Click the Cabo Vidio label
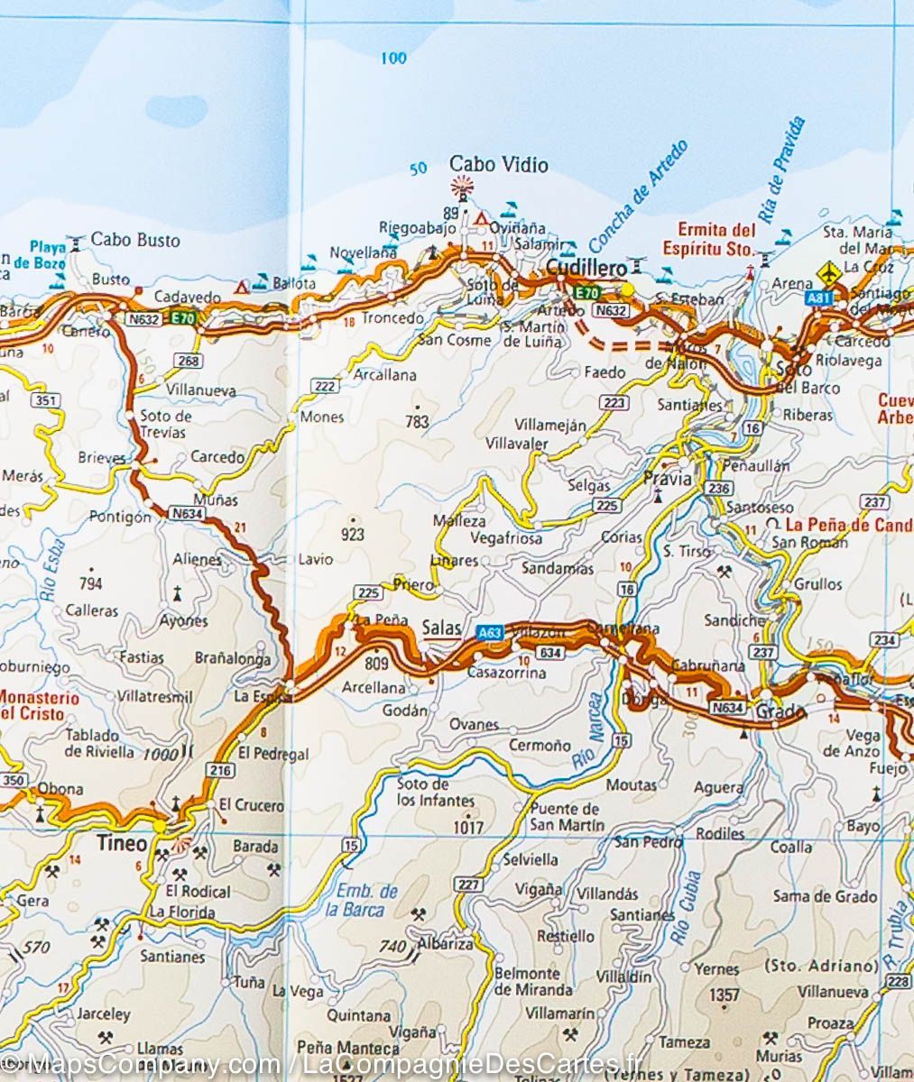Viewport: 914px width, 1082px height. point(499,164)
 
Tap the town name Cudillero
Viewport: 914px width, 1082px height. point(586,269)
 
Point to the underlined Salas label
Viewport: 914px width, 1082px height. point(441,628)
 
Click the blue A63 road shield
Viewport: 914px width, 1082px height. point(489,634)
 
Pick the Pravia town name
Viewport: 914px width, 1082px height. point(668,479)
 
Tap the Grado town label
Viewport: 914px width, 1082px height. point(780,712)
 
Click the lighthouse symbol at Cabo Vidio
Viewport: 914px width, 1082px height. point(463,188)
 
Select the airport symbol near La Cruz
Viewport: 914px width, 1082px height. point(827,271)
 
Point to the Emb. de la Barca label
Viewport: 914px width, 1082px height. point(366,900)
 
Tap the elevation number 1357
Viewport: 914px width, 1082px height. point(725,995)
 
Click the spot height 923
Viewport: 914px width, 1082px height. point(353,535)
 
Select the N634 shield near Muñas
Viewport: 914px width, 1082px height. point(187,513)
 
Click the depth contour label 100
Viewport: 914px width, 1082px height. point(392,59)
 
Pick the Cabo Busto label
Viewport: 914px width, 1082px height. point(135,240)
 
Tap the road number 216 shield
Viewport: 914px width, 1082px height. point(221,770)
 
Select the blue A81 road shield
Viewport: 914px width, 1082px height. point(819,298)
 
